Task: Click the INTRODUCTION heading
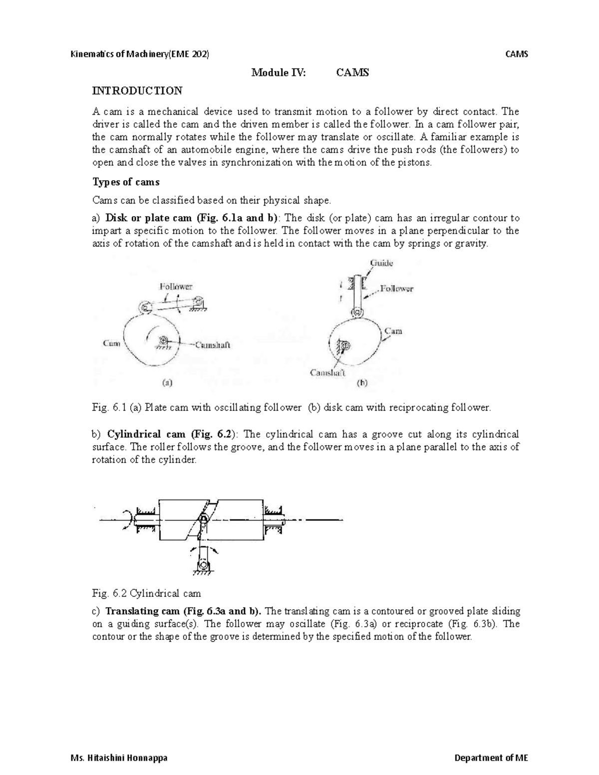137,91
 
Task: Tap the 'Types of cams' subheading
126,182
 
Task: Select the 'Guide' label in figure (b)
381,262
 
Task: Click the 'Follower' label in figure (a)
176,286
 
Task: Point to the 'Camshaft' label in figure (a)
212,344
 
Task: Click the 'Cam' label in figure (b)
393,331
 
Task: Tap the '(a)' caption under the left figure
167,383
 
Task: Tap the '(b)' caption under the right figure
362,383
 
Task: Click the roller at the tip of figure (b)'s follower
356,313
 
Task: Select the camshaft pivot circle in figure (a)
163,340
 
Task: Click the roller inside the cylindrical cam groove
203,521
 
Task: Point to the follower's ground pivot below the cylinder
203,565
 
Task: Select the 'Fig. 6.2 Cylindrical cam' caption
146,593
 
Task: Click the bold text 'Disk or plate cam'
149,218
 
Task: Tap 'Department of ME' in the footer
491,758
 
